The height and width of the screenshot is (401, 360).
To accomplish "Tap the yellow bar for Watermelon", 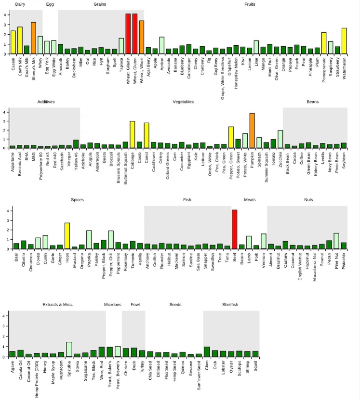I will click(344, 41).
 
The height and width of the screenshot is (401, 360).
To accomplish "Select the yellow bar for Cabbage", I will click(132, 135).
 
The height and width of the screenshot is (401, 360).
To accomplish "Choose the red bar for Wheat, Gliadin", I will click(128, 34).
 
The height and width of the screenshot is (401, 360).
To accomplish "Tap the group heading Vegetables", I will click(183, 102).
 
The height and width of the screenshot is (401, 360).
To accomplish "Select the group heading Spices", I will click(77, 199).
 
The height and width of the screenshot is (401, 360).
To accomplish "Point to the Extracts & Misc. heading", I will click(58, 304).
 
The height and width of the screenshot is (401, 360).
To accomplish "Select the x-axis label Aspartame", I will click(13, 162).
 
